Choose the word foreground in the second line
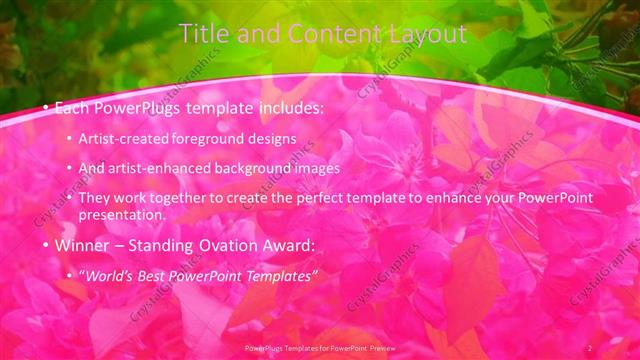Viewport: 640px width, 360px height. tap(212, 139)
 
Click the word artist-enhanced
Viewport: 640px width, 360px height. tap(168, 169)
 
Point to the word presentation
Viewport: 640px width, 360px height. tap(128, 214)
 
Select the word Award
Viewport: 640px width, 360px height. tap(288, 245)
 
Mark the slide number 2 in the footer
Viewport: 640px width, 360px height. tap(590, 347)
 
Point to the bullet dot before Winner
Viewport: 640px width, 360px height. tap(46, 245)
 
